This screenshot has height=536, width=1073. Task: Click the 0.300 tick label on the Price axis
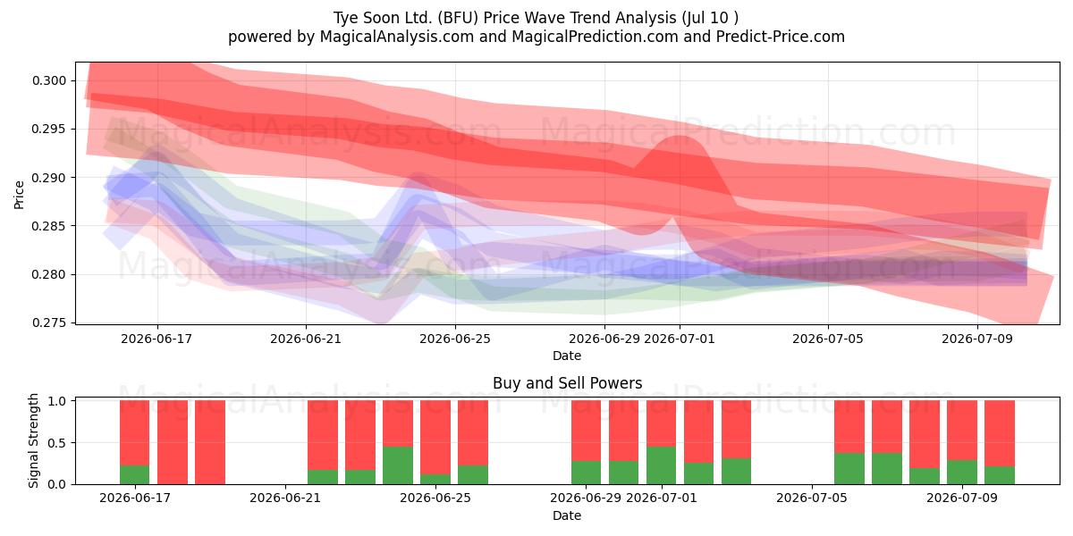click(49, 80)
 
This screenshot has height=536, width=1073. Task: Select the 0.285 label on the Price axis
click(49, 226)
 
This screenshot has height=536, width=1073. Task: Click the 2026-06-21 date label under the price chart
click(306, 339)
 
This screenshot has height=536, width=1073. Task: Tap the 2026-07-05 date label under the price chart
click(828, 339)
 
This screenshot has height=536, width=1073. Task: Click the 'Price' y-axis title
click(19, 195)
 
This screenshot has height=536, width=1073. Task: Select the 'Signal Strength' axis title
click(33, 440)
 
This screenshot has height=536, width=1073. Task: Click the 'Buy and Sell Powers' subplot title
click(567, 383)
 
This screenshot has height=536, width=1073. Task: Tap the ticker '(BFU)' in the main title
click(458, 18)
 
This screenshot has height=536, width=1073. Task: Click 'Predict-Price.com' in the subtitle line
click(781, 37)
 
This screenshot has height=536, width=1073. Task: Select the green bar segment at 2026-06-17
click(135, 474)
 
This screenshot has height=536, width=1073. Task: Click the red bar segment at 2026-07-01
click(661, 423)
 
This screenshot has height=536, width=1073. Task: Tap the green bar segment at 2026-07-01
click(661, 465)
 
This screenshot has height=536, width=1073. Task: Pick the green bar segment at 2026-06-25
click(435, 479)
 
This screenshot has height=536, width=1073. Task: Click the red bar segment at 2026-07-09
click(962, 431)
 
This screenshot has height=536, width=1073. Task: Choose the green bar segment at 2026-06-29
click(586, 473)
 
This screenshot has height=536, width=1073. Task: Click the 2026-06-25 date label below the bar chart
click(435, 498)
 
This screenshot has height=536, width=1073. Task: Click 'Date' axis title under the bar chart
click(567, 515)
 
